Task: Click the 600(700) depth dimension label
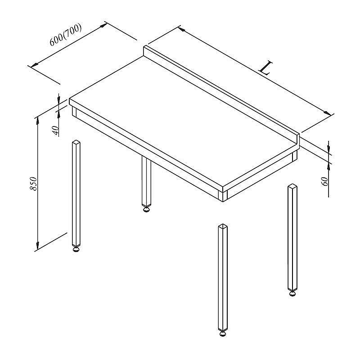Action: pos(66,35)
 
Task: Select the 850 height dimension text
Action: pos(33,184)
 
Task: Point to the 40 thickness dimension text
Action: pos(56,130)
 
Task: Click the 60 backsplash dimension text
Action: pos(325,181)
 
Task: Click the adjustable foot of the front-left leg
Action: pos(76,249)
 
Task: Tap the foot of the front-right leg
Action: pos(222,333)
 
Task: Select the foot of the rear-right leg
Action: pos(292,293)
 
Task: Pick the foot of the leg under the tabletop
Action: pos(146,209)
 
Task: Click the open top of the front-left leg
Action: pos(76,142)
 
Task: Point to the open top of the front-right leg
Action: pos(223,226)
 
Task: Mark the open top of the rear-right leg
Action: pos(292,186)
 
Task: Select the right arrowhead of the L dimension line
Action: pos(328,113)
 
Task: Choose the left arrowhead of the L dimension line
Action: pos(182,29)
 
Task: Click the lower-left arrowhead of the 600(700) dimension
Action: pos(34,65)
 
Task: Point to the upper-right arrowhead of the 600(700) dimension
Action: pos(104,25)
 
